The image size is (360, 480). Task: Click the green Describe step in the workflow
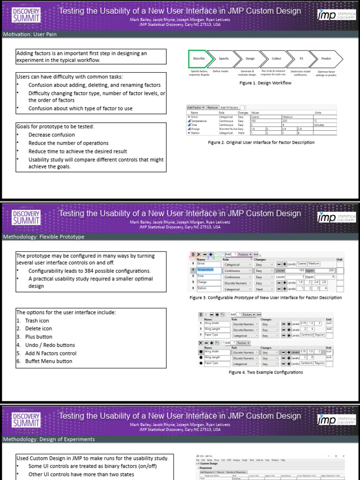tap(199, 59)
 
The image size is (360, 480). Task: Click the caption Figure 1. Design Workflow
tap(265, 83)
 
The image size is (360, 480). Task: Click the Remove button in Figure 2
tap(212, 107)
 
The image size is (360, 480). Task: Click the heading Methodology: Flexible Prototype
tap(44, 237)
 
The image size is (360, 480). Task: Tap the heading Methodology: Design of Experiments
tap(49, 439)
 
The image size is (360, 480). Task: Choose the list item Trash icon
tap(37, 321)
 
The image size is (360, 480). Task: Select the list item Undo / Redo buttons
tap(50, 345)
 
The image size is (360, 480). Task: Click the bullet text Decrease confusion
tap(52, 135)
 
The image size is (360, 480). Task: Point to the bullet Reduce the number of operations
tap(68, 143)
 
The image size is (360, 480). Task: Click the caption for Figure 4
tap(265, 372)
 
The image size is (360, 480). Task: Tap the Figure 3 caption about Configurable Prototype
tap(265, 298)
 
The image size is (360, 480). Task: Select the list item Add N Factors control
tap(51, 353)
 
